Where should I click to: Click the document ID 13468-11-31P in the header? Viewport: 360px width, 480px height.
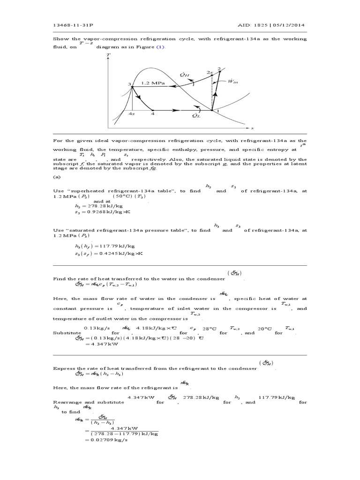pos(69,25)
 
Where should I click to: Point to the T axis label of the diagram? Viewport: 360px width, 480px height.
pos(109,55)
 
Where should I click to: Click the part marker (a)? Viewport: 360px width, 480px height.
pos(57,178)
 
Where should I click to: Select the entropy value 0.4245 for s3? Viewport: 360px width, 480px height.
pos(117,254)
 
